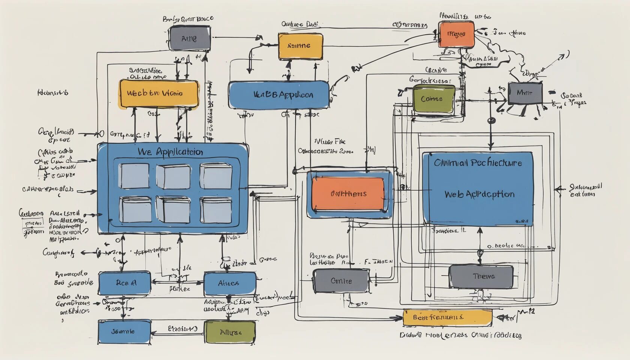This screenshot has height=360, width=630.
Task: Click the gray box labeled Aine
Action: tap(189, 38)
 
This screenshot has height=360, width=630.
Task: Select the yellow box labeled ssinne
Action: tap(300, 46)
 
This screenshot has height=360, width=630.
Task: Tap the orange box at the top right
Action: tap(456, 34)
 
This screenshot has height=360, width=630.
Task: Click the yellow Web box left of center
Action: tap(158, 93)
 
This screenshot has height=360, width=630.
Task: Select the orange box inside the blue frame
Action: tap(348, 194)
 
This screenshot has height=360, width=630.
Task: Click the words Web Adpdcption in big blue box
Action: tap(479, 194)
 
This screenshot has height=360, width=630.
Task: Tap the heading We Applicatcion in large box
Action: tap(171, 152)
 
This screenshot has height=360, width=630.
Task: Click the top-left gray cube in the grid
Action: tap(134, 176)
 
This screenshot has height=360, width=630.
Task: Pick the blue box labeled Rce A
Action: tap(125, 283)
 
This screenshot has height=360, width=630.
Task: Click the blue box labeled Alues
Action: tap(230, 283)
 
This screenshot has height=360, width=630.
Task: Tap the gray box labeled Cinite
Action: tap(341, 281)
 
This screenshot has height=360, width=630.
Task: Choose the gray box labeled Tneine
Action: tap(481, 277)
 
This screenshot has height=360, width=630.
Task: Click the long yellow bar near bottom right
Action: tap(447, 317)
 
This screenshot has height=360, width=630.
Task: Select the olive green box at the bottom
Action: tap(230, 332)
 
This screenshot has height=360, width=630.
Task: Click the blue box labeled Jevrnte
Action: tap(124, 331)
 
